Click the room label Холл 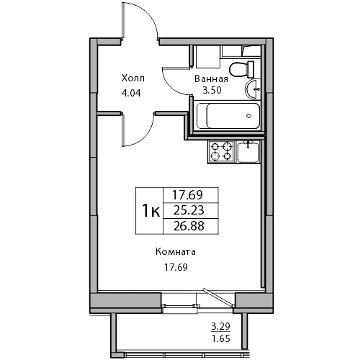tap(133, 78)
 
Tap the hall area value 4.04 tap(131, 93)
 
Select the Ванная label tap(211, 78)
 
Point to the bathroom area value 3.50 tap(212, 90)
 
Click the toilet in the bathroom tap(241, 69)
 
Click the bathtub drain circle tap(248, 116)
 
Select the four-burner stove tap(221, 151)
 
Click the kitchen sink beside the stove tap(248, 152)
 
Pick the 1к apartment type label tap(151, 210)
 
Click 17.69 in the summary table tap(188, 195)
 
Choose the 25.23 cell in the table tap(189, 210)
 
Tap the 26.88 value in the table tap(189, 226)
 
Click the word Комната tap(176, 252)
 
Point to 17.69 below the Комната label tap(176, 267)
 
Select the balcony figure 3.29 tap(220, 326)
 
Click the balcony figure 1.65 tap(221, 338)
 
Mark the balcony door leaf tap(218, 297)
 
